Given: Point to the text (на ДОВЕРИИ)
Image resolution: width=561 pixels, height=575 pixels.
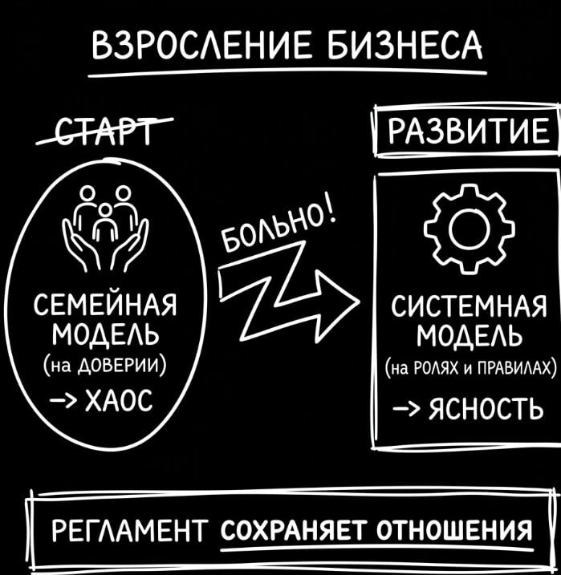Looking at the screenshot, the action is (x=105, y=365).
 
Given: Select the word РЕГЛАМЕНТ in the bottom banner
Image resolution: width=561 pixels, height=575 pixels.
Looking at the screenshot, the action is (x=130, y=531).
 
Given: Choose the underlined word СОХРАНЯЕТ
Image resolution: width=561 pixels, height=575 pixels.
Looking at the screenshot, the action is (x=294, y=531).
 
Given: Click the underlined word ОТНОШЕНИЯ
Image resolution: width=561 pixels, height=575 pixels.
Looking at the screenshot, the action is (x=454, y=531).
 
